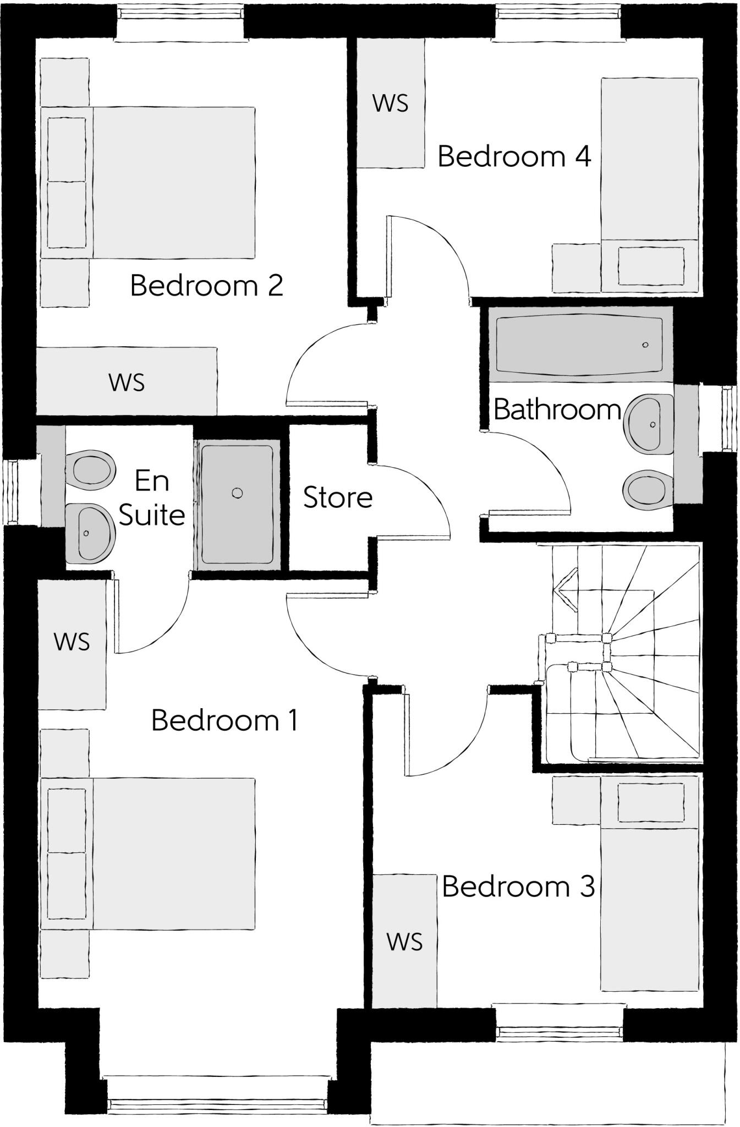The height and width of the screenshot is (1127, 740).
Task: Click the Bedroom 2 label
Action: [206, 286]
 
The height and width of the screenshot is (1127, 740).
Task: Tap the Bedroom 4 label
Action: [514, 157]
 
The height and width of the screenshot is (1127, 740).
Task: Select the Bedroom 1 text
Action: [224, 720]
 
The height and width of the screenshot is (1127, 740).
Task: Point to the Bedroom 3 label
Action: [518, 887]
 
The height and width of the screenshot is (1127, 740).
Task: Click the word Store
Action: [338, 497]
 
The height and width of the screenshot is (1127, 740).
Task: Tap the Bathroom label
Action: [557, 410]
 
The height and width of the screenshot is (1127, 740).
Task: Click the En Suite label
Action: [152, 498]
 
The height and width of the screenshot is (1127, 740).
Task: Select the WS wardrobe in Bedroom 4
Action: [391, 103]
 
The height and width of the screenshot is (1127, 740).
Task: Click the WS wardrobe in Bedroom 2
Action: [127, 382]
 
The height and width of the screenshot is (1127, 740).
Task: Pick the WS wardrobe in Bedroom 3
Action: [404, 942]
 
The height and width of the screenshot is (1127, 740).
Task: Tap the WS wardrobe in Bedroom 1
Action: [72, 642]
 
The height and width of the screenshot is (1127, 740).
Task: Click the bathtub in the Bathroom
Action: [579, 344]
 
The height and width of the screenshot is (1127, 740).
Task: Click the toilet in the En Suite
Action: [91, 470]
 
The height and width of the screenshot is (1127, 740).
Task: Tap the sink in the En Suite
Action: [89, 533]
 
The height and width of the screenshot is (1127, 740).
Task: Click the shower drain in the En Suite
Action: [237, 493]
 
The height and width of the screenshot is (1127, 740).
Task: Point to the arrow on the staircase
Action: [564, 590]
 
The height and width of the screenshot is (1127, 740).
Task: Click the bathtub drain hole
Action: [645, 345]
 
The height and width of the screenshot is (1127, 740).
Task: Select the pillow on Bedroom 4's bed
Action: [651, 266]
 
